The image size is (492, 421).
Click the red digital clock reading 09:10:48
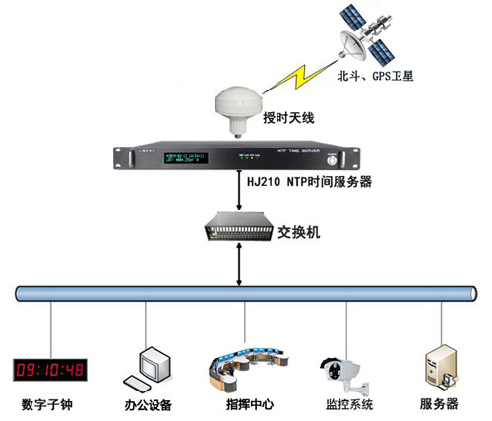pyautogui.click(x=46, y=371)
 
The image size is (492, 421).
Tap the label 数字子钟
pyautogui.click(x=46, y=404)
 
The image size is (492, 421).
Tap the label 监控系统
pyautogui.click(x=339, y=404)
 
